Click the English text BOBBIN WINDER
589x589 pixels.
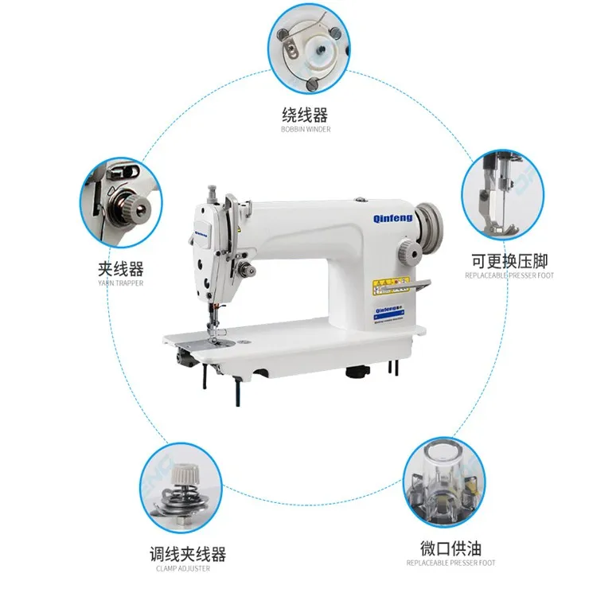pyautogui.click(x=305, y=130)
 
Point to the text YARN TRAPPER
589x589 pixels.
pyautogui.click(x=120, y=283)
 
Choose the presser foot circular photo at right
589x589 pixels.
pyautogui.click(x=502, y=194)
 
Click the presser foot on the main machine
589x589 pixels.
pyautogui.click(x=213, y=327)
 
